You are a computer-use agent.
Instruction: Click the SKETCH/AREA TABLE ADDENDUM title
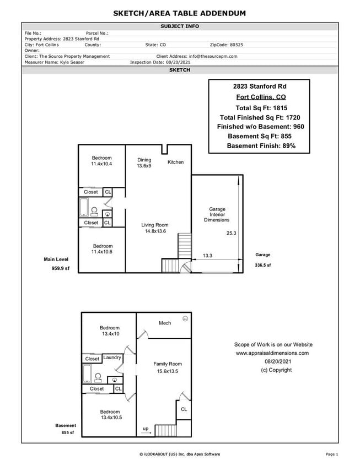180,13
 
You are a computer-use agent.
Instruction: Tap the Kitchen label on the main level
175,162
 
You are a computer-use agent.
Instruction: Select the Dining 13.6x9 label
144,163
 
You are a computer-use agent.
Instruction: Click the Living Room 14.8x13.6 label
154,228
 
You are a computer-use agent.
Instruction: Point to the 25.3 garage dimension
231,233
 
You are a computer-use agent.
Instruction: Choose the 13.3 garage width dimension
207,256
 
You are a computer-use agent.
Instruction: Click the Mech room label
165,323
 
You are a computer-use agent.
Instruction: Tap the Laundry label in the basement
112,358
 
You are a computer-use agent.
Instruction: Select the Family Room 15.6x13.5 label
168,367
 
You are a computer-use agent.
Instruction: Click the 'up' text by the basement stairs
146,429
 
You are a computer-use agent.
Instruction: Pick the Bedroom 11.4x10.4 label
101,161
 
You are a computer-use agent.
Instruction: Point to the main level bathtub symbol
84,208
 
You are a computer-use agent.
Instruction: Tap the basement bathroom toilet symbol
98,377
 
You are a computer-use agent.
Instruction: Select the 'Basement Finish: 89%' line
261,146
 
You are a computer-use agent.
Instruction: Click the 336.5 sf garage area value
262,265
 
